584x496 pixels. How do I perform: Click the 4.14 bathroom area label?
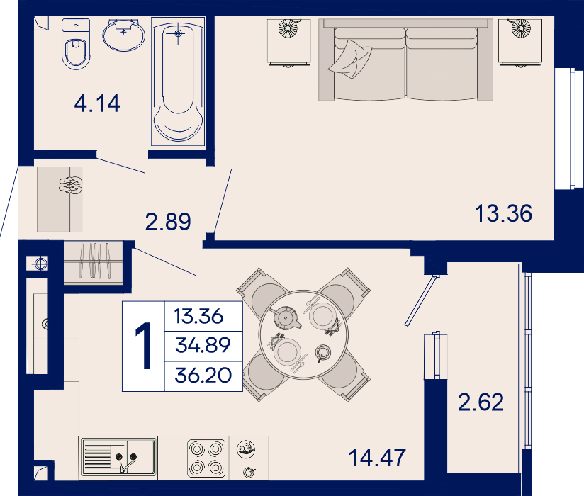point(97,103)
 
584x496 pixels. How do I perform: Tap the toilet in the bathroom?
point(76,44)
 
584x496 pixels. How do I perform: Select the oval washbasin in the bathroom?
point(123,35)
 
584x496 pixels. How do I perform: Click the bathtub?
point(178,81)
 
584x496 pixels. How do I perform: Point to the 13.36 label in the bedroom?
point(503,214)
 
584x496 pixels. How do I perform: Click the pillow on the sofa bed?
point(350,59)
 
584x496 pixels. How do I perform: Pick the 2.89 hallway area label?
point(168,222)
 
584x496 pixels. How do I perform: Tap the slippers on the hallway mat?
point(71,185)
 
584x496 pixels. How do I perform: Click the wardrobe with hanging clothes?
point(94,262)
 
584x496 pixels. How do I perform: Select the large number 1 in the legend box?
point(143,346)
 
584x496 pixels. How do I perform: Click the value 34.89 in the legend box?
point(203,345)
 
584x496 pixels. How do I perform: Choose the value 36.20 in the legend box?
point(203,375)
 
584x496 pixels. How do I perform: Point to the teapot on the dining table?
point(286,318)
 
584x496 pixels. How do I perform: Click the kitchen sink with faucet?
point(119,457)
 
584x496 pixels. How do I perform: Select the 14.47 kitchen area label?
point(377,458)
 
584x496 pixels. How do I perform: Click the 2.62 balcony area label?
point(481,402)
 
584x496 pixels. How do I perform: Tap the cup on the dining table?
point(322,353)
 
